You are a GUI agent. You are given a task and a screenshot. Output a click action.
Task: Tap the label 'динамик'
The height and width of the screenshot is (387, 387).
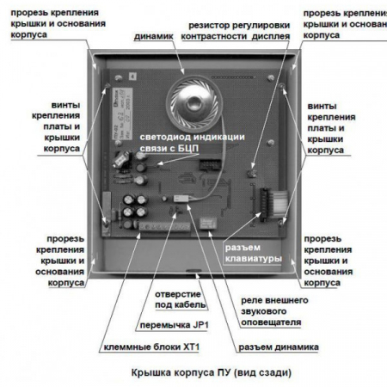[154, 37]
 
